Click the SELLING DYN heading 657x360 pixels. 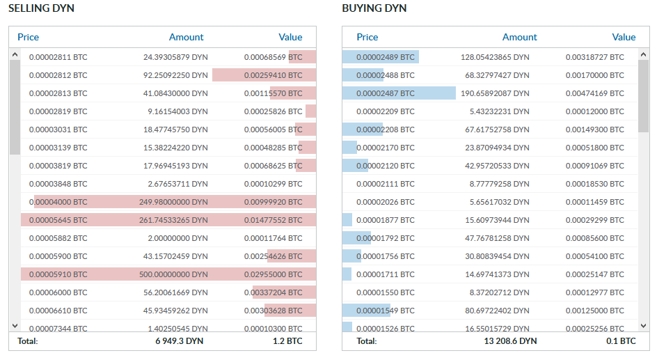[x=41, y=8]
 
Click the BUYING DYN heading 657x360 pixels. [x=374, y=8]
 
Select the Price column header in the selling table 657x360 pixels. [x=28, y=38]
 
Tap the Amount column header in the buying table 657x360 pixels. [x=520, y=38]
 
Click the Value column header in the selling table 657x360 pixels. [x=290, y=38]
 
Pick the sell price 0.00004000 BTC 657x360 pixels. [x=58, y=202]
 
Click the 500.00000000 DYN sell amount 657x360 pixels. [x=173, y=274]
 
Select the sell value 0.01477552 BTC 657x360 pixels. [x=274, y=220]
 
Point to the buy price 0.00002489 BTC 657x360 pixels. [x=386, y=57]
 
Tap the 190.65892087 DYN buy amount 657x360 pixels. [x=495, y=93]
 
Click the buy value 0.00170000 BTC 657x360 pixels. [x=594, y=75]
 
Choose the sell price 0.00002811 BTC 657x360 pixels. [x=58, y=57]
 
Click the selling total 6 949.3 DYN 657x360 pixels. [x=180, y=341]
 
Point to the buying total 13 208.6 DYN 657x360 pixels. [x=510, y=341]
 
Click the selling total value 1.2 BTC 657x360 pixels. [x=287, y=341]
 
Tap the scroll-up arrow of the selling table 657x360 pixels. [x=15, y=54]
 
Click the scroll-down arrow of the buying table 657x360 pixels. [x=644, y=326]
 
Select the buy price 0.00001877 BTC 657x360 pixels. [x=386, y=220]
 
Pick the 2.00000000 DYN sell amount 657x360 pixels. [x=177, y=238]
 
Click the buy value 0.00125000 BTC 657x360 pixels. [x=594, y=311]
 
